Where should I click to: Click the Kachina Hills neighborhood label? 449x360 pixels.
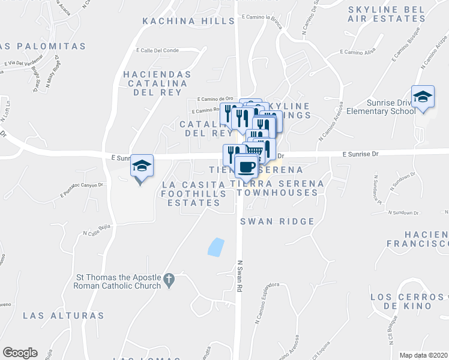click(188, 21)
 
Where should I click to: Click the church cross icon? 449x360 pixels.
click(169, 279)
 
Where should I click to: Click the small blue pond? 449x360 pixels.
click(215, 247)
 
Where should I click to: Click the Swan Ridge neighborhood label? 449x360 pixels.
click(277, 221)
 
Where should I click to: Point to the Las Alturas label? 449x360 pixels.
click(63, 315)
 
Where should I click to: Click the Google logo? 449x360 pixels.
click(20, 353)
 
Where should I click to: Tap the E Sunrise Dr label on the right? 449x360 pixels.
click(362, 154)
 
